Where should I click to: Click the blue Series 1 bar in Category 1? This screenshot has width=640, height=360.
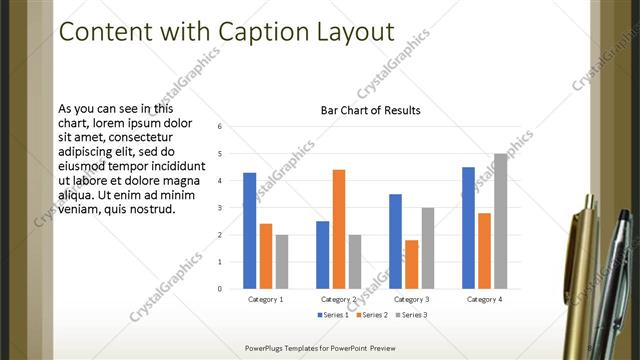coord(249,231)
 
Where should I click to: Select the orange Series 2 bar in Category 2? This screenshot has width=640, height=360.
coord(339,229)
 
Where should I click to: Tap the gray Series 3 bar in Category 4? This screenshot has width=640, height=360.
coord(500,221)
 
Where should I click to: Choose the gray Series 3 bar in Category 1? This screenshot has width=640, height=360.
coord(282,262)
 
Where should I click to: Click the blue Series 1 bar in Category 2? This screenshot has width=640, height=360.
coord(323,255)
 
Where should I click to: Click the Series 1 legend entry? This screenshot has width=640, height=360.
coord(332,315)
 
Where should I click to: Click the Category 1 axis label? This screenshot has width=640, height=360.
coord(265,299)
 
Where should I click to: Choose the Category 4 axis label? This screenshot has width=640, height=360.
coord(484,299)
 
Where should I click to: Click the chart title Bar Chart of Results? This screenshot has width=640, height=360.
coord(370,110)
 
